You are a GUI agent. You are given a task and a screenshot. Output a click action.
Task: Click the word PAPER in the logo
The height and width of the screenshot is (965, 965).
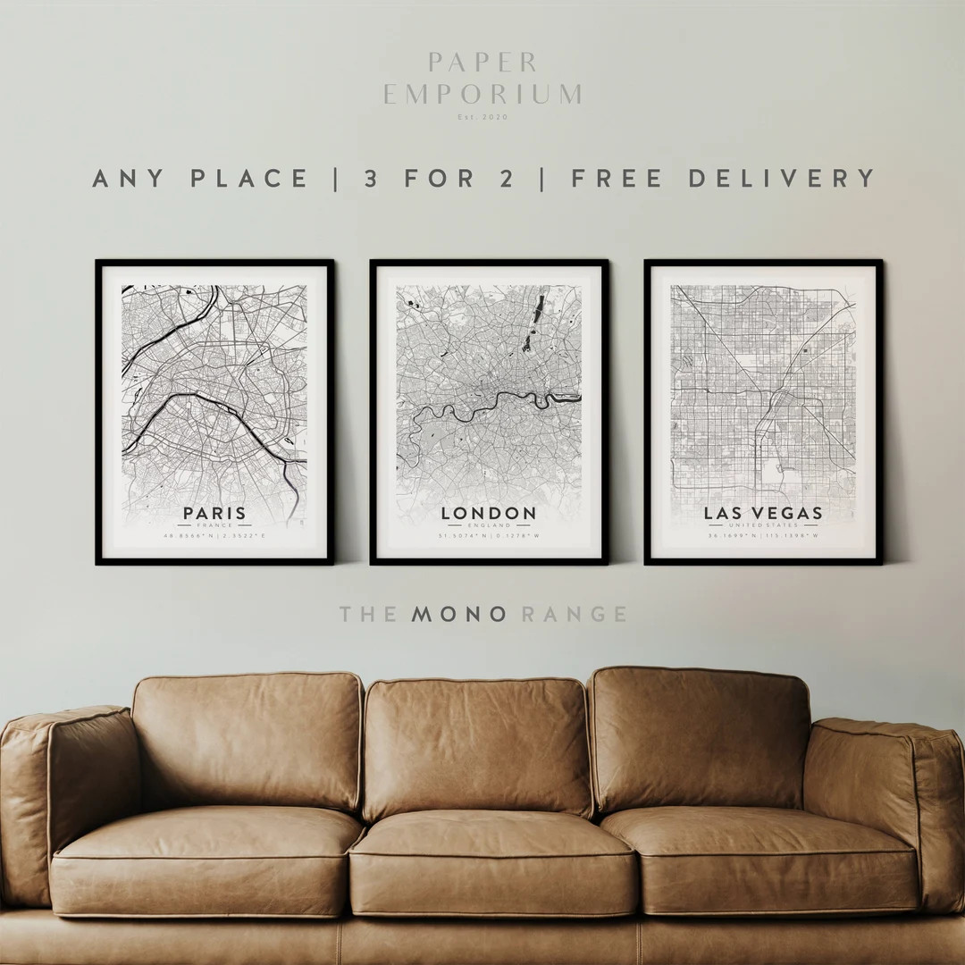[x=482, y=63]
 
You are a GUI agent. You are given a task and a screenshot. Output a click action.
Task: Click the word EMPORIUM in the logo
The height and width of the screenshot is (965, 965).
[x=482, y=95]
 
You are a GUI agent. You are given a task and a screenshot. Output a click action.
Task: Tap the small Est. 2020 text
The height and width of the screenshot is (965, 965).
[x=482, y=117]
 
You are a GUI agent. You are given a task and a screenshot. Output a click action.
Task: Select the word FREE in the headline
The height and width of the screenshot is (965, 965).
[x=617, y=178]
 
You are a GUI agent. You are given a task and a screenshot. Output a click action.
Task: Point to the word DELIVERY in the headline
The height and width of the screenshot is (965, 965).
[x=783, y=178]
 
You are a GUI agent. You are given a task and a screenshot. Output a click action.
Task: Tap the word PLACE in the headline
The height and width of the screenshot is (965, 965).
[x=249, y=178]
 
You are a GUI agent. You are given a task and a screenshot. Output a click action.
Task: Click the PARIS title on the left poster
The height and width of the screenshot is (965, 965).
[x=214, y=514]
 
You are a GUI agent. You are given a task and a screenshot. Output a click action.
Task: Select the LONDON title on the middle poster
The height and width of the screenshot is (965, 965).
[x=489, y=514]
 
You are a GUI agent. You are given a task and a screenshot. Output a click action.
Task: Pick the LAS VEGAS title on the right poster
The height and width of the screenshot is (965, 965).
[x=763, y=514]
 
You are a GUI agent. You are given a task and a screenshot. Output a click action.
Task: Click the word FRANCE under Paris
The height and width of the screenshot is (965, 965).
[x=214, y=526]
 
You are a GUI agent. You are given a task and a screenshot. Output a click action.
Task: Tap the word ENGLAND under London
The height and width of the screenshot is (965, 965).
[x=489, y=526]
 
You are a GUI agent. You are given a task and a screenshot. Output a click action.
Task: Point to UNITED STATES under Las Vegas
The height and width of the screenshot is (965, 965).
[x=763, y=526]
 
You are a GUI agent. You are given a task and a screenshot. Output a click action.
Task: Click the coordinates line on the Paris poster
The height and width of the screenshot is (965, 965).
[x=214, y=536]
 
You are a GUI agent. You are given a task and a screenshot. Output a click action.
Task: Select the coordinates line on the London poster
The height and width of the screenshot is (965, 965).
[x=489, y=536]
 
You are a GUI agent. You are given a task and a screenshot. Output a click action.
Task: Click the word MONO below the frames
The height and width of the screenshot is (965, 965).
[x=459, y=614]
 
